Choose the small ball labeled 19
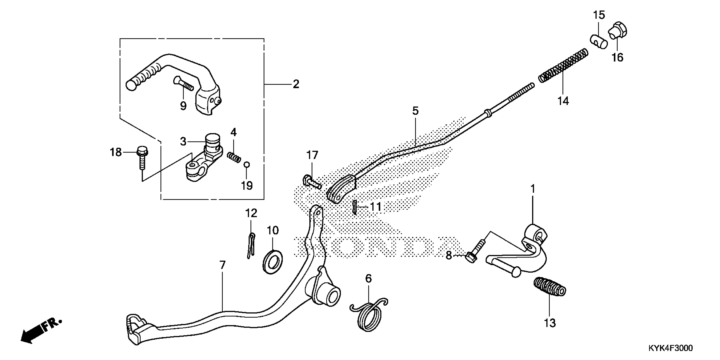tap(246, 165)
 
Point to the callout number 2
tap(296, 84)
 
